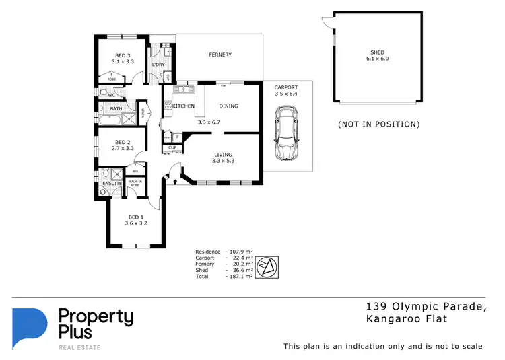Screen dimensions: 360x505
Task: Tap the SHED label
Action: [378, 52]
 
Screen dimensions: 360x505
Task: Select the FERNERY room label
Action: [220, 55]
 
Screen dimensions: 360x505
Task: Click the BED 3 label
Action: [122, 55]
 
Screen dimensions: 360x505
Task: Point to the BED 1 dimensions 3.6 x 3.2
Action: [136, 223]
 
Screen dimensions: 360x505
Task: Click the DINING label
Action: [229, 106]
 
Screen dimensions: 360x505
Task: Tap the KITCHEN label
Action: [184, 106]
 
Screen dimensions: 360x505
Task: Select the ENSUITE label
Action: [111, 183]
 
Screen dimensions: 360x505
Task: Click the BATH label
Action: [116, 108]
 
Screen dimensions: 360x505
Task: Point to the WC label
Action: [112, 95]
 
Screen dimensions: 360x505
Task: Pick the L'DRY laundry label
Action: [159, 65]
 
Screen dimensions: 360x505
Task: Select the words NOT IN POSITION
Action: [378, 124]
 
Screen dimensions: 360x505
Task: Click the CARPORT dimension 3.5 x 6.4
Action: [286, 94]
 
